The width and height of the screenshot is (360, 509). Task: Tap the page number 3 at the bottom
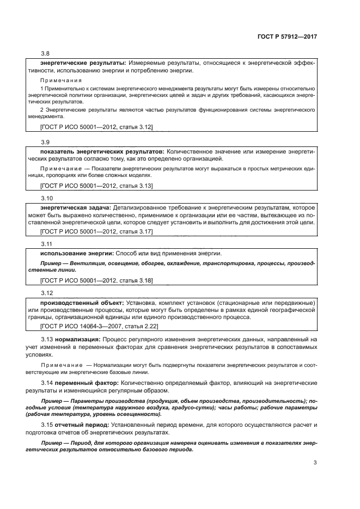pos(315,463)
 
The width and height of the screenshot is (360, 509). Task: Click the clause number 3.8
pos(45,53)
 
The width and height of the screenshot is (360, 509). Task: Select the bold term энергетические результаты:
pos(80,63)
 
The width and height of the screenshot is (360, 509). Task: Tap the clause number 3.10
pos(47,199)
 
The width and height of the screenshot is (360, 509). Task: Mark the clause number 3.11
pos(47,244)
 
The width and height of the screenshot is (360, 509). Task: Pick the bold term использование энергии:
pos(77,254)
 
